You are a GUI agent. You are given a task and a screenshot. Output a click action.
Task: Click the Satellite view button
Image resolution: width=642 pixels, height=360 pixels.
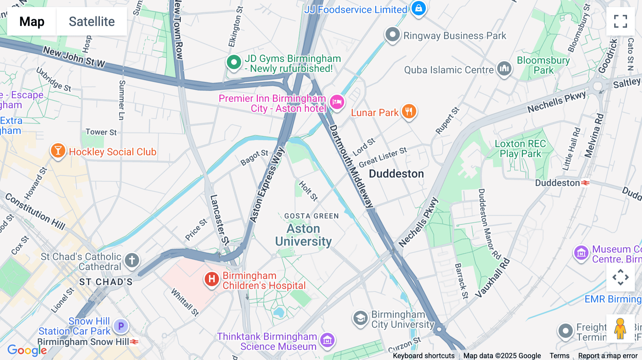tap(92, 21)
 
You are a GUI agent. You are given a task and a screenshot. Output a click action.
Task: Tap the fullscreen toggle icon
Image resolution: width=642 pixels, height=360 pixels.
tap(620, 21)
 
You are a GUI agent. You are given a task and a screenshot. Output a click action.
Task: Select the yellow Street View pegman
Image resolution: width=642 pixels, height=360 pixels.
tap(620, 329)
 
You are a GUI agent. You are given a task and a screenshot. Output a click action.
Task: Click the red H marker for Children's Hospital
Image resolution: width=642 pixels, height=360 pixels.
tap(212, 279)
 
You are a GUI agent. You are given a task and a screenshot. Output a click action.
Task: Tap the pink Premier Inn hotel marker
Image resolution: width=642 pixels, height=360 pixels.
tap(337, 102)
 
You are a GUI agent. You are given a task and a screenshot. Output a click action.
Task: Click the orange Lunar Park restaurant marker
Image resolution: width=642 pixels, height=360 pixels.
tap(409, 111)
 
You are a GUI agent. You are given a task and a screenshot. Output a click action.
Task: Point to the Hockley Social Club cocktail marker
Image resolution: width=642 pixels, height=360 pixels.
tap(58, 150)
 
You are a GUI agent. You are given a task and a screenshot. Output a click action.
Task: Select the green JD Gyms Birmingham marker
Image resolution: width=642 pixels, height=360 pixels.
tap(234, 62)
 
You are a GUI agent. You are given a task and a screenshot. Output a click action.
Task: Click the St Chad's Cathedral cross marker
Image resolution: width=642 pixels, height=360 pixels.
tap(132, 260)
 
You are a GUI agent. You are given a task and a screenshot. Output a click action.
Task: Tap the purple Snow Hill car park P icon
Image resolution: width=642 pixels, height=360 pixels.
tap(121, 326)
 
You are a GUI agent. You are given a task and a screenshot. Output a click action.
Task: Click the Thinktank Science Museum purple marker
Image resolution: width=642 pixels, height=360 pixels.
tap(327, 340)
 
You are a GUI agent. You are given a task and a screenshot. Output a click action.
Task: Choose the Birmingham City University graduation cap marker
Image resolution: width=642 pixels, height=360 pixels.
tap(360, 318)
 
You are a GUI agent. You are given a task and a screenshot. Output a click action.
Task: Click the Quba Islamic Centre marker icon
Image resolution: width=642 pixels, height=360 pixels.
tap(504, 68)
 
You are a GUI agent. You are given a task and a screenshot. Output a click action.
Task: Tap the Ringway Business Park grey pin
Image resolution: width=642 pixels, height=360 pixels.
tap(392, 35)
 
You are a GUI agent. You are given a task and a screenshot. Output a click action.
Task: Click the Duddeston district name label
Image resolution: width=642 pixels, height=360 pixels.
tap(396, 174)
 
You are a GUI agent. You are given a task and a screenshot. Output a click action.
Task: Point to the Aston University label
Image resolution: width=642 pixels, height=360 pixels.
tap(304, 235)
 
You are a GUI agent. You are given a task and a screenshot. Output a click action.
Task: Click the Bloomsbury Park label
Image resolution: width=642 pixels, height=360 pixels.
tap(543, 65)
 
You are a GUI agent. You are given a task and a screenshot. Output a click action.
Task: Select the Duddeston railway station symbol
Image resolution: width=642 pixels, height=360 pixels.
tap(585, 183)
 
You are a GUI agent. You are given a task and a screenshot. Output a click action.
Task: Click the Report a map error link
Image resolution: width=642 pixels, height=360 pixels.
tap(608, 356)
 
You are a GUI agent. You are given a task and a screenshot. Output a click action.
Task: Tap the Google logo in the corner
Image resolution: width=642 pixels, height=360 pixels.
tap(27, 350)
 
